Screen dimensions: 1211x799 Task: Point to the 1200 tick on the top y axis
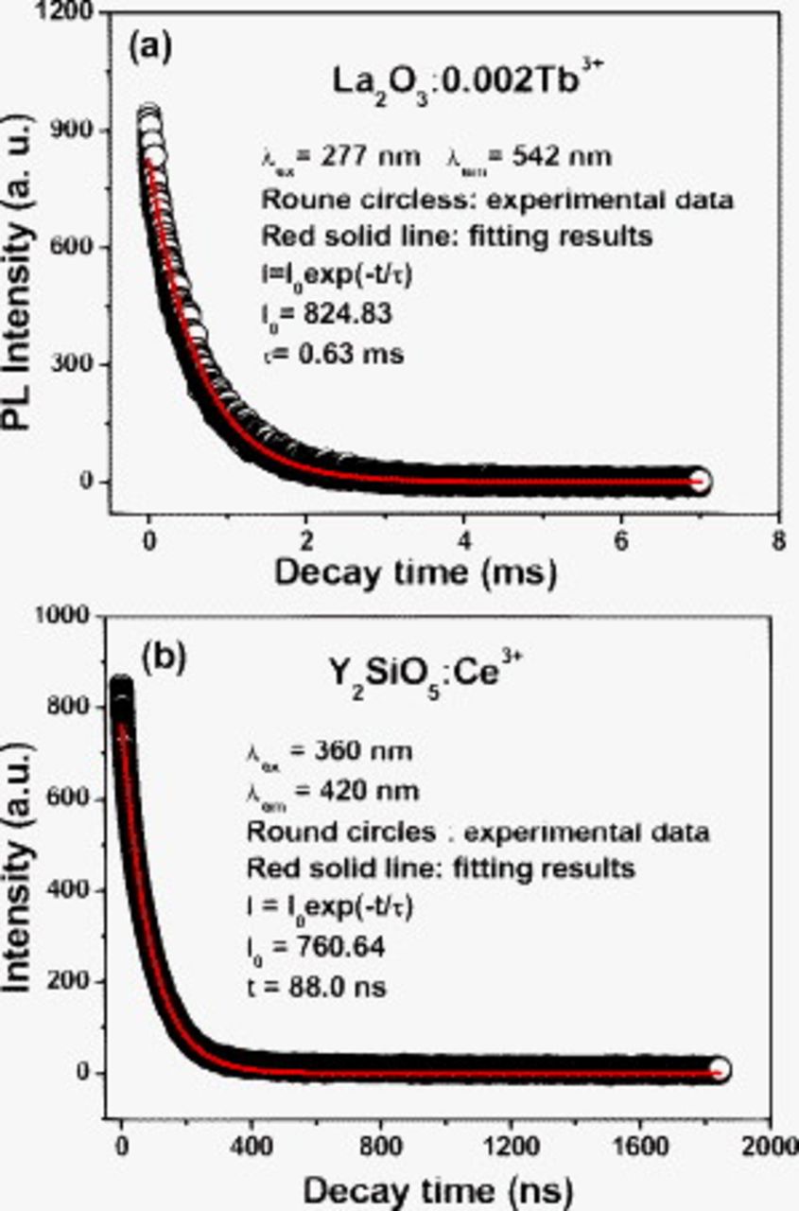tap(68, 13)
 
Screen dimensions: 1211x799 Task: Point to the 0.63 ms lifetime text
tap(332, 355)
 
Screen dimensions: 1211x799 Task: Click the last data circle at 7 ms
tap(699, 481)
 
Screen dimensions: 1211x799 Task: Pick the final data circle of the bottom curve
tap(720, 1070)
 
